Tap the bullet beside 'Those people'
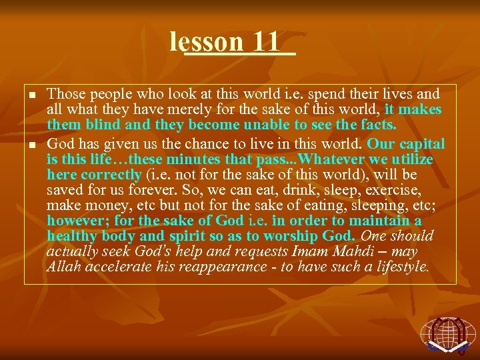point(31,96)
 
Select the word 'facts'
point(377,125)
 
